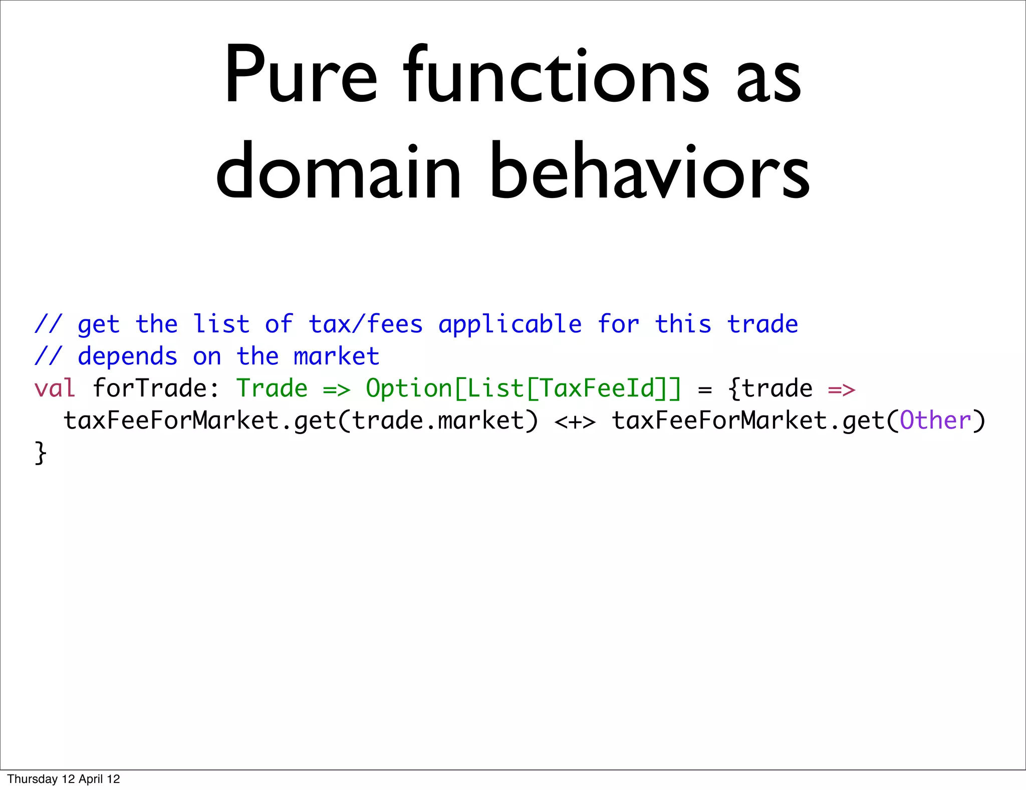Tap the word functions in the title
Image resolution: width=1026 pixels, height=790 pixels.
tap(556, 75)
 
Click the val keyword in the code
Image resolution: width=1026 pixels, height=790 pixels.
tap(55, 388)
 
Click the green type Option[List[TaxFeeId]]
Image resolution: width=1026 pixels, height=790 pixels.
tap(524, 388)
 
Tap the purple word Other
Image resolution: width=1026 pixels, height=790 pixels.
tap(935, 421)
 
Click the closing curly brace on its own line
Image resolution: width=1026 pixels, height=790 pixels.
tap(41, 453)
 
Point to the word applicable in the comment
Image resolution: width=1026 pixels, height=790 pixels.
tap(510, 325)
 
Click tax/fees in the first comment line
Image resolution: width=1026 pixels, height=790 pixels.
tap(366, 324)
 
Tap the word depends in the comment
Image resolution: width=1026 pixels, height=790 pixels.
tap(127, 357)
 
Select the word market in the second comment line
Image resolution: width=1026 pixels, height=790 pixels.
tap(336, 356)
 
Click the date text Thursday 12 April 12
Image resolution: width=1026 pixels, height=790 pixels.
tap(64, 778)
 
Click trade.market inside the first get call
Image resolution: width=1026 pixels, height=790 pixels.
tap(438, 421)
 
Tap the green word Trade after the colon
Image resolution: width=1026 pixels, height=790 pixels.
tap(272, 388)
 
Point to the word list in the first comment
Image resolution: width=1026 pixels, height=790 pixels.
tap(221, 324)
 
